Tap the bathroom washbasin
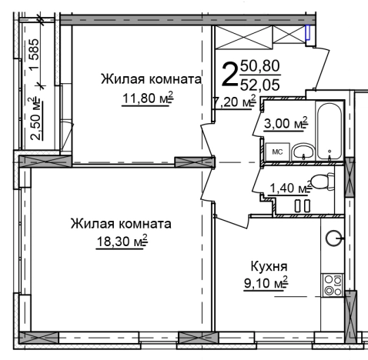(305, 151)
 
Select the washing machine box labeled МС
(278, 152)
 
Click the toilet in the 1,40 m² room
(323, 182)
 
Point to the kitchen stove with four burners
(333, 287)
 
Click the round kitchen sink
(334, 238)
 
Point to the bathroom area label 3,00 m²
(286, 123)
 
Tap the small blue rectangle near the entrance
(308, 33)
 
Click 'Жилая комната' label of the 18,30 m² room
(119, 224)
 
